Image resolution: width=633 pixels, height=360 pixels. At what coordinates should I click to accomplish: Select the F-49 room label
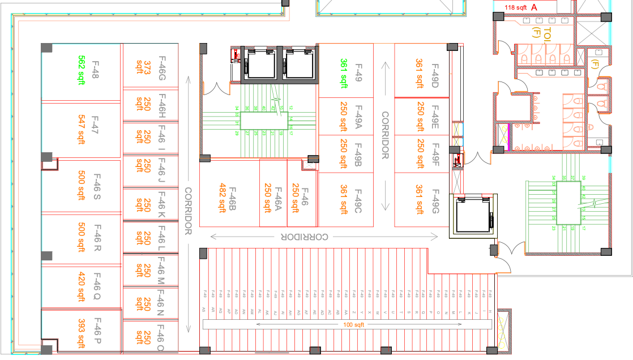click(358, 73)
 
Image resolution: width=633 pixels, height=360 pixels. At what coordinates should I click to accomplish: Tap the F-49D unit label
click(435, 73)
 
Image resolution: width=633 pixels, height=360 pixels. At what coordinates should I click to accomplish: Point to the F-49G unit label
click(435, 199)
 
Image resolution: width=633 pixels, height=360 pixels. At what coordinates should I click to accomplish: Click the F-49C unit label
click(358, 199)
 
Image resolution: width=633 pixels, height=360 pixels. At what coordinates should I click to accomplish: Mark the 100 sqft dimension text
click(355, 325)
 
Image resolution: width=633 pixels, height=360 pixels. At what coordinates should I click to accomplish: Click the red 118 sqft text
click(516, 8)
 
